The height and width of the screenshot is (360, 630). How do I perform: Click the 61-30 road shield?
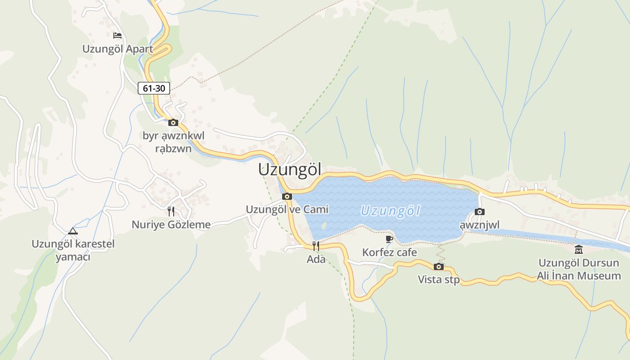pyautogui.click(x=154, y=89)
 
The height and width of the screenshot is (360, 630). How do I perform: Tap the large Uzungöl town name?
pyautogui.click(x=290, y=170)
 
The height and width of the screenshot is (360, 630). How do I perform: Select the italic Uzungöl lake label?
pyautogui.click(x=391, y=211)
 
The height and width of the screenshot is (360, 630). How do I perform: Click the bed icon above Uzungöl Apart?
pyautogui.click(x=117, y=35)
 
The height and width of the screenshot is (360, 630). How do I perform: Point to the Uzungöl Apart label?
pyautogui.click(x=117, y=49)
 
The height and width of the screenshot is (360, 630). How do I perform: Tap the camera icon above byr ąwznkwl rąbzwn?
pyautogui.click(x=173, y=122)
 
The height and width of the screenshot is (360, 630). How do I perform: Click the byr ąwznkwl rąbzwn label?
pyautogui.click(x=173, y=142)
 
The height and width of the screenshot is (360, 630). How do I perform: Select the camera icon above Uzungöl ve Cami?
pyautogui.click(x=287, y=196)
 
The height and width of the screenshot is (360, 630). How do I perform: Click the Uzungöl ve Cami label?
pyautogui.click(x=287, y=209)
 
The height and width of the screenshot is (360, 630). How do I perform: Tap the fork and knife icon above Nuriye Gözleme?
pyautogui.click(x=171, y=211)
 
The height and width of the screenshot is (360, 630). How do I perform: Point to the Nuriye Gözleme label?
pyautogui.click(x=171, y=224)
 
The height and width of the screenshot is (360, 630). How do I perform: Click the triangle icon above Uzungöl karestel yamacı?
pyautogui.click(x=73, y=231)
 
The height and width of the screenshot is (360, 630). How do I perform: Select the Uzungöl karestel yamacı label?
pyautogui.click(x=73, y=251)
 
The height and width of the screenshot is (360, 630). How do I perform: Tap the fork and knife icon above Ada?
pyautogui.click(x=316, y=246)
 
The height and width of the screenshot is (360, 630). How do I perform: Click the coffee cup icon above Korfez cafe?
pyautogui.click(x=390, y=239)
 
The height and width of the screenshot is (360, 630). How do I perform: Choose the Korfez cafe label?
pyautogui.click(x=390, y=252)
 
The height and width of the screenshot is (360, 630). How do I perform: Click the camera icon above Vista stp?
pyautogui.click(x=439, y=266)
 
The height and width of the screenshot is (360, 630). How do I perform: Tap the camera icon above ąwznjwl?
pyautogui.click(x=480, y=211)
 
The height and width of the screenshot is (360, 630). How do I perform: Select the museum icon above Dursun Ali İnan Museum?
pyautogui.click(x=579, y=249)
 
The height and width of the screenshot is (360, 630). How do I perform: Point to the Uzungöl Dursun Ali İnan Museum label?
pyautogui.click(x=579, y=269)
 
